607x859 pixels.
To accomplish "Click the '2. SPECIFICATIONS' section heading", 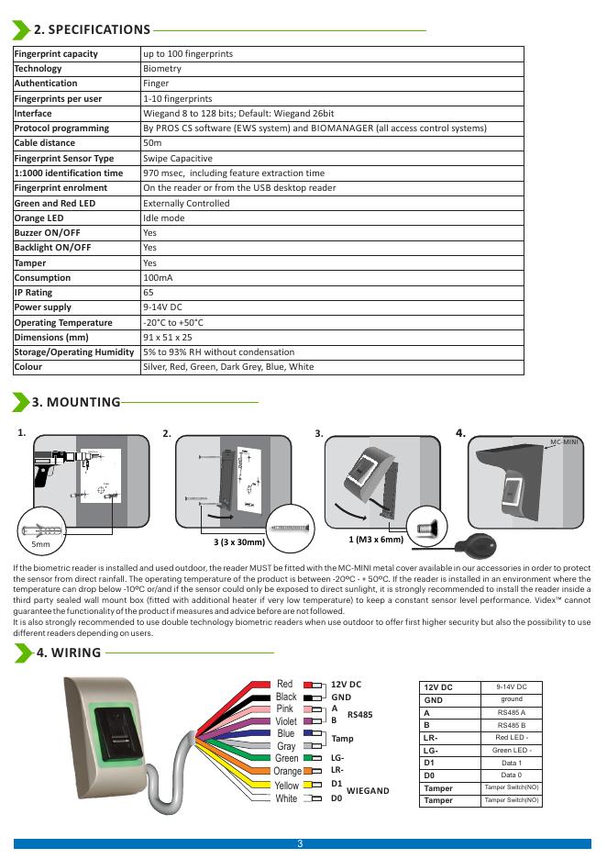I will click(x=92, y=29).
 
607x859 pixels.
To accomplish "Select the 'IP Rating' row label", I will click(x=33, y=293).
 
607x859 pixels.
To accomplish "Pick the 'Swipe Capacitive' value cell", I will click(x=177, y=158).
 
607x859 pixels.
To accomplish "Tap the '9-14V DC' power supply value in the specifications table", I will click(x=162, y=307).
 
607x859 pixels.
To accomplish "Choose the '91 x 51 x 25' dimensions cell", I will click(x=167, y=338).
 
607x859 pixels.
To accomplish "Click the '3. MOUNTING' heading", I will click(x=76, y=402).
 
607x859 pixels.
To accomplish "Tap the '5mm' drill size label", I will click(x=40, y=545).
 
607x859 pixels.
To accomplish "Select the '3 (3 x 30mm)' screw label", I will click(x=239, y=543).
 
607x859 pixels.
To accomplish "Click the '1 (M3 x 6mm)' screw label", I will click(x=376, y=540).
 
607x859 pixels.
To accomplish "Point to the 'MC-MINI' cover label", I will click(x=564, y=442).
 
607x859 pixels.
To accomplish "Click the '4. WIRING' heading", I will click(x=68, y=653).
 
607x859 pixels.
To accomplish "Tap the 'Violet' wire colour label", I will click(x=286, y=721).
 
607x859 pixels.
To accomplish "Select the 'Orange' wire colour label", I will click(x=287, y=772).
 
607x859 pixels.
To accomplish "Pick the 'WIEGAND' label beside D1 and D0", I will click(x=368, y=790).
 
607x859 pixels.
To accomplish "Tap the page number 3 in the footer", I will click(x=301, y=843).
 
